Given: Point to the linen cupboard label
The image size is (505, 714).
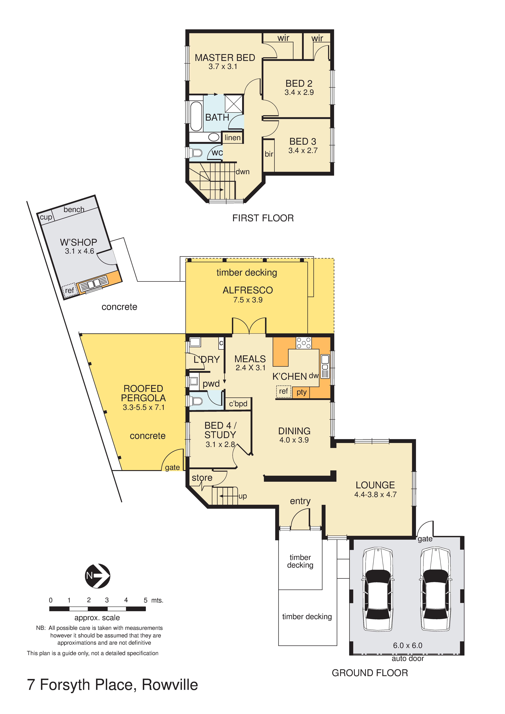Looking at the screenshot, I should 232,137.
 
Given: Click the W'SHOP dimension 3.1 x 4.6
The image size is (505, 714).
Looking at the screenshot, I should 79,251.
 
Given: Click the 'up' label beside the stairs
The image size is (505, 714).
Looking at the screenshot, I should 243,496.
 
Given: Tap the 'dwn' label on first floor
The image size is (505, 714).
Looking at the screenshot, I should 243,172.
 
